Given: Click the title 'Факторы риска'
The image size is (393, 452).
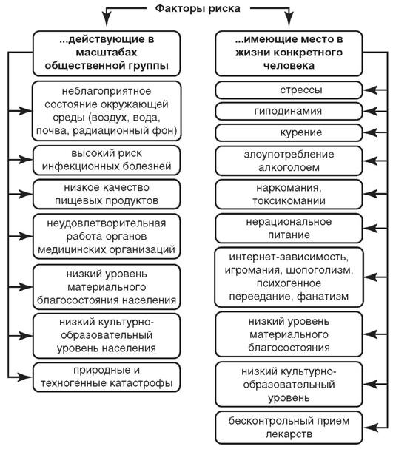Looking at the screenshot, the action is point(198,9).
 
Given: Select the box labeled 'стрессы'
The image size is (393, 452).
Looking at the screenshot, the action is point(289,90).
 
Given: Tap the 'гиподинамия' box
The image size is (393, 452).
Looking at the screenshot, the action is point(289,111).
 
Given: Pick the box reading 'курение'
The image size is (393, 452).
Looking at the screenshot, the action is point(289,132).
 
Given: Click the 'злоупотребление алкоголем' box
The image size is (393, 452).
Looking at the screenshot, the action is point(289,161).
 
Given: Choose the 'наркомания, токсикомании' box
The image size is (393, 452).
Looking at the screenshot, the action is point(289,195).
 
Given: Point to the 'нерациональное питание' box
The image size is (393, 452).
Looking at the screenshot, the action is point(289,229).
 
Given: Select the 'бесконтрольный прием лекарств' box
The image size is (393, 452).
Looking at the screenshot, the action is point(289,428).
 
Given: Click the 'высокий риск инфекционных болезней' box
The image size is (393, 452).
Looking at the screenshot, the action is point(107,160).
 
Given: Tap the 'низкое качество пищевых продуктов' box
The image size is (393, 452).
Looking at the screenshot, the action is point(107,194).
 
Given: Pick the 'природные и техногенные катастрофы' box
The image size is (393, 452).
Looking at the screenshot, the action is point(107,377).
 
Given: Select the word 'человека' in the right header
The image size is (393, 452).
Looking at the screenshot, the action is point(289,66).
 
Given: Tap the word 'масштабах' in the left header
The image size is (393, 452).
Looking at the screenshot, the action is point(107,53).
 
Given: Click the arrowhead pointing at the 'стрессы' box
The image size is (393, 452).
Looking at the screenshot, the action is point(370,90).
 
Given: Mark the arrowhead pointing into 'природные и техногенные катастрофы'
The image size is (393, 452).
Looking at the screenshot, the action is point(26,377).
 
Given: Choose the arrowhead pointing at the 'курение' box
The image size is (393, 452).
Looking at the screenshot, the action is point(370,132).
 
